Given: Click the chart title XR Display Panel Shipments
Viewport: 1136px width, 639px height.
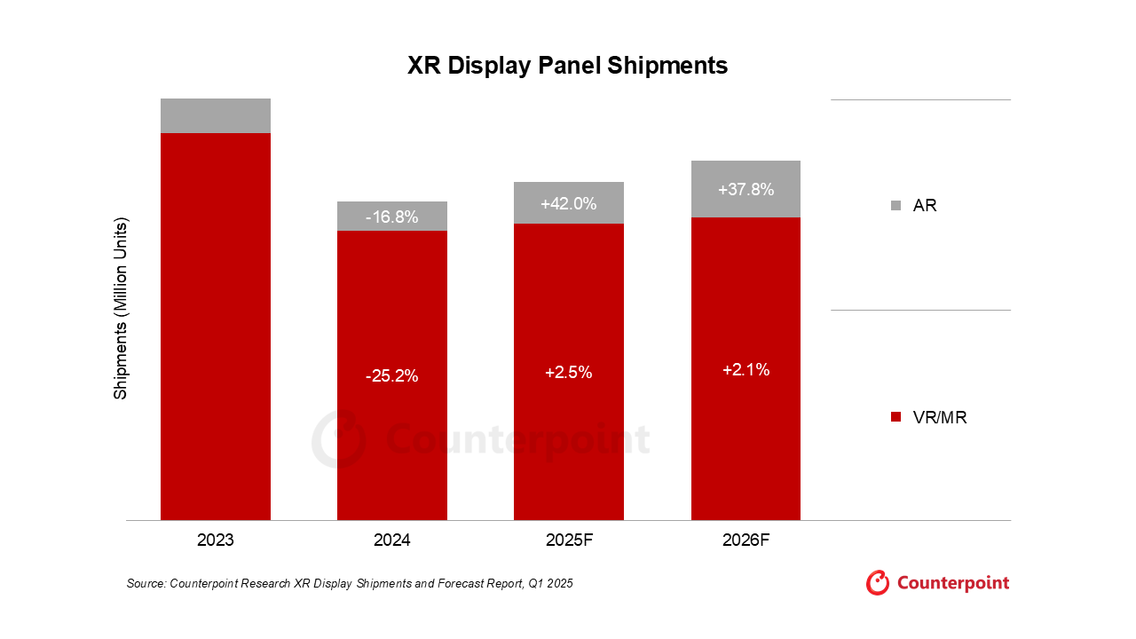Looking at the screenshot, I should [567, 66].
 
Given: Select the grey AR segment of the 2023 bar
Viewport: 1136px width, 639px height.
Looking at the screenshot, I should [216, 115].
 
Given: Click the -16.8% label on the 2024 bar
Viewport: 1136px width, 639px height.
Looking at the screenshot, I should [391, 217].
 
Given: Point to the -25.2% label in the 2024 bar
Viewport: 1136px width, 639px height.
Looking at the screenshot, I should [391, 376].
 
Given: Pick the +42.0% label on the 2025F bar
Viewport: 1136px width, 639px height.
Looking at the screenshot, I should [568, 203].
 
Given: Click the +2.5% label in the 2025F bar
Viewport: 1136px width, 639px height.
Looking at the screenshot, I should [568, 373].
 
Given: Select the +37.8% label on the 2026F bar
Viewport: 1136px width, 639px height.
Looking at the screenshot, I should [745, 189].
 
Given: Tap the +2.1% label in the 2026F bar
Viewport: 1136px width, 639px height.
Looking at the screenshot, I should [745, 370].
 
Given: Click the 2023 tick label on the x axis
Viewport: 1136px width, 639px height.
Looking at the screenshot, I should [216, 539].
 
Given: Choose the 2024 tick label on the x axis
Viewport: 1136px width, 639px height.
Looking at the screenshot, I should [391, 539].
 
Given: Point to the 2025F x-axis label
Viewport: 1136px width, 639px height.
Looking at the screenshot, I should [568, 539].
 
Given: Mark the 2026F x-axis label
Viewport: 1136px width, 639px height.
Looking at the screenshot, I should [745, 539].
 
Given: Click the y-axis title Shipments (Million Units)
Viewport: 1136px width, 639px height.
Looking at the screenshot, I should [121, 308].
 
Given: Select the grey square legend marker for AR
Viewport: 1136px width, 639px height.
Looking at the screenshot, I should [895, 206].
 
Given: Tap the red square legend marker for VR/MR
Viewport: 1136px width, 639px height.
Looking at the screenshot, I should [895, 417].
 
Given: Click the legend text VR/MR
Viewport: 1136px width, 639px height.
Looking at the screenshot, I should [940, 417].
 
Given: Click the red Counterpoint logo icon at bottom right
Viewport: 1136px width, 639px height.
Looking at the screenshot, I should [878, 582].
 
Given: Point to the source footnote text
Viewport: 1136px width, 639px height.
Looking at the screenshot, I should [350, 583].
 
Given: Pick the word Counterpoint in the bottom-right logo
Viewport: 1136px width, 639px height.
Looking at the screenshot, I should [953, 583].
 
